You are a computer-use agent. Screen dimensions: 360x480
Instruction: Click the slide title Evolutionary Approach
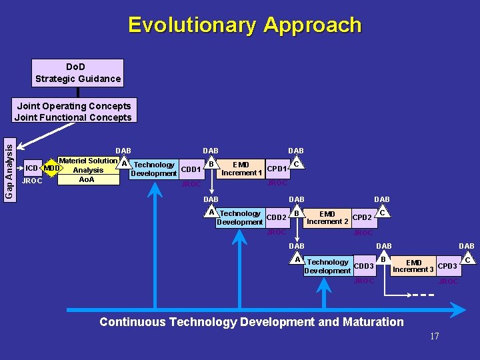tap(245, 25)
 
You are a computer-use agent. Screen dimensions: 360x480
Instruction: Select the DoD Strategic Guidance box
tap(78, 73)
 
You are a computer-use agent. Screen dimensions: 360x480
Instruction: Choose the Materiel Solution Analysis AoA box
tap(87, 171)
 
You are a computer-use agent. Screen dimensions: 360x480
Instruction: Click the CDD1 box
tap(191, 169)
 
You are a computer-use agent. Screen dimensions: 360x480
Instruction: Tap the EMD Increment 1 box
tap(241, 169)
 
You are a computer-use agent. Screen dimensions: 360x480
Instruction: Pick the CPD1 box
tap(277, 169)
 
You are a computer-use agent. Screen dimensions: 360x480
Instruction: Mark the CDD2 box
tap(276, 217)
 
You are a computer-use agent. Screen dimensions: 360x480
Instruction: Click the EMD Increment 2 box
tap(327, 218)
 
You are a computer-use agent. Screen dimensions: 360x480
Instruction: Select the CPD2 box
tap(362, 217)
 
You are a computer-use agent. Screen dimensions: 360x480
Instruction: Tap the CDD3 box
tap(363, 267)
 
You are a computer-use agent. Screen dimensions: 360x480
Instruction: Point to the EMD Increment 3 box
tap(413, 267)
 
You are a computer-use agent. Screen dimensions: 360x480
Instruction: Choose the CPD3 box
tap(447, 267)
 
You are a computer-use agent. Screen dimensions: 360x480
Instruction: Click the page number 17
tap(434, 337)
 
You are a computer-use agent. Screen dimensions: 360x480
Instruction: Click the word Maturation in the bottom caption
tap(373, 322)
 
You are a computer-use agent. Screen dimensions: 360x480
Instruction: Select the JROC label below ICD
tap(32, 181)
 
